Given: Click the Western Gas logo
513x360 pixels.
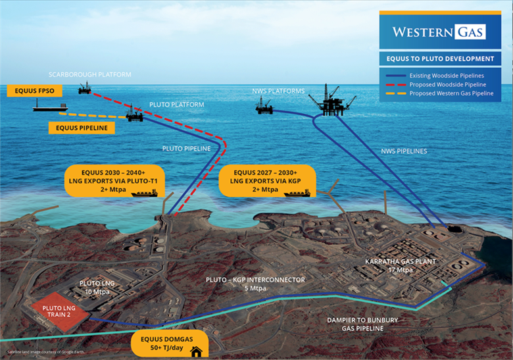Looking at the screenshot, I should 439,32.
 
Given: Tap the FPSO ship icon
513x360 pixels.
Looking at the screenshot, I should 51,106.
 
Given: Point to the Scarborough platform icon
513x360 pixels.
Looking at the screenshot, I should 85,88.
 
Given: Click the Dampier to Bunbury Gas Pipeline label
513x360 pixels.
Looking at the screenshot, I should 363,325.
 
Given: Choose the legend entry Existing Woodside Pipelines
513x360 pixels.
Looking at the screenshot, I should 447,76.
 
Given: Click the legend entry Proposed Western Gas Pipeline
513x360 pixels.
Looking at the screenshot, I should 451,93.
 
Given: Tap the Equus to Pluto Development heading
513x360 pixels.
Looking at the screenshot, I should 440,59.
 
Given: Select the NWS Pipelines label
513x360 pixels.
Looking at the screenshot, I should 404,151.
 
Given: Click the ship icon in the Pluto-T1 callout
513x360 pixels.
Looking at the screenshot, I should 145,193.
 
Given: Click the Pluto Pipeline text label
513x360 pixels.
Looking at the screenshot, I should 187,149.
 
